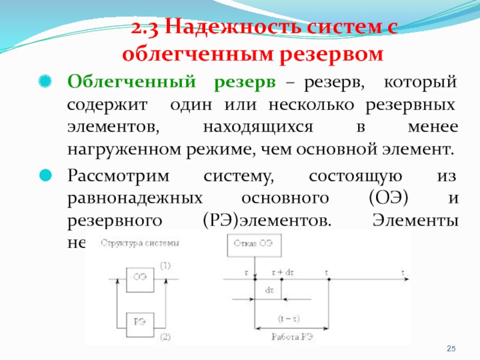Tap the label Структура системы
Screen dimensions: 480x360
click(x=139, y=244)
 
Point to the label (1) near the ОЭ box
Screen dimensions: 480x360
click(x=165, y=265)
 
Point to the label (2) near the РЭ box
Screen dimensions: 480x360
click(x=166, y=335)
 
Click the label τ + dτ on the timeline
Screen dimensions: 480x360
click(x=283, y=272)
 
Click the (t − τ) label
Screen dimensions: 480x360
click(x=290, y=318)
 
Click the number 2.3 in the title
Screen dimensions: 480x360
click(x=145, y=28)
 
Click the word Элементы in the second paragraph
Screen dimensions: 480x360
click(x=415, y=220)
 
